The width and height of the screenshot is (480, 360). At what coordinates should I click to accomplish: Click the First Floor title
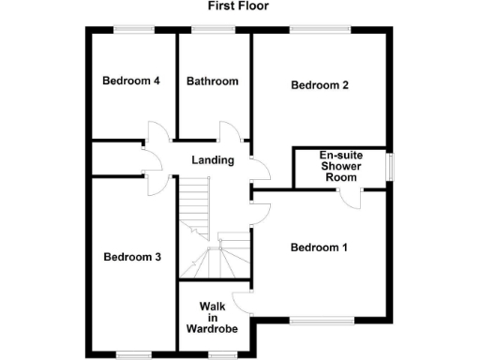(x=238, y=6)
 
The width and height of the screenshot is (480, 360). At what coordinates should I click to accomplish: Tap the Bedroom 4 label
(x=130, y=81)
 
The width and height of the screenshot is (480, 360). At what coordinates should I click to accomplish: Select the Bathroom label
(x=212, y=82)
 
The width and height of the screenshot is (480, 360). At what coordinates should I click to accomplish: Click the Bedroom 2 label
(x=320, y=85)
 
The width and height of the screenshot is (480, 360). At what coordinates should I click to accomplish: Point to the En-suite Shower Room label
(x=341, y=167)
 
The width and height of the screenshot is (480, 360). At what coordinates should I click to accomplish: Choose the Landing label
(x=213, y=160)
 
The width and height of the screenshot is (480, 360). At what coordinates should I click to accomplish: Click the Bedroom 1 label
(x=319, y=247)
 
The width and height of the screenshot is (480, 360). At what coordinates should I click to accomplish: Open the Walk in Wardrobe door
(x=243, y=302)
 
